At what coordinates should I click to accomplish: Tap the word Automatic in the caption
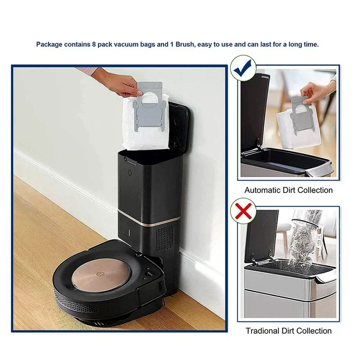pyautogui.click(x=262, y=190)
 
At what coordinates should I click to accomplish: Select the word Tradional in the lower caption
pyautogui.click(x=263, y=331)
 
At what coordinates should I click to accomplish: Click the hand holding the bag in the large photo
pyautogui.click(x=127, y=81)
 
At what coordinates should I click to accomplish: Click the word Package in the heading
pyautogui.click(x=49, y=45)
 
